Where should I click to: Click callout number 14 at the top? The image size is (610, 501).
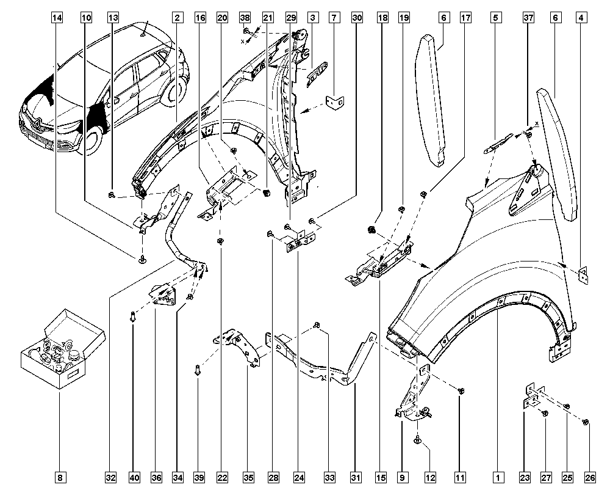tap(57, 18)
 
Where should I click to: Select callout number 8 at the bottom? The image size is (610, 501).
tap(60, 477)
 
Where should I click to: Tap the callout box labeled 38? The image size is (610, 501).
tap(245, 18)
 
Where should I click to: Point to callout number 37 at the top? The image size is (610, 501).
tap(528, 18)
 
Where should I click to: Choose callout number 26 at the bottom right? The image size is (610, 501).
tap(590, 477)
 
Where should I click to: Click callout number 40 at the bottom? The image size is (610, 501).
tap(135, 477)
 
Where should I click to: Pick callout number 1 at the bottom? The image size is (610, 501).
tap(498, 477)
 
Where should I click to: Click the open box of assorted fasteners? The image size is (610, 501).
tap(62, 349)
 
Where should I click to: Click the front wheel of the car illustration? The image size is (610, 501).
tap(93, 144)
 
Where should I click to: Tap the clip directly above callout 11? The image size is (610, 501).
tap(461, 391)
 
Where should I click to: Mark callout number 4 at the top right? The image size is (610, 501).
tap(581, 18)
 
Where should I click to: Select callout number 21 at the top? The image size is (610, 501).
tap(268, 18)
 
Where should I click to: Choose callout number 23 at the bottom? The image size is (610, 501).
tap(525, 477)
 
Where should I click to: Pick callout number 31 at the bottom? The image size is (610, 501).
tap(356, 477)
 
